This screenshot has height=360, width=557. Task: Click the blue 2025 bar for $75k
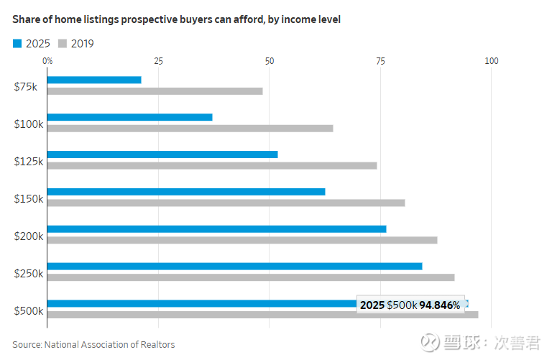94,80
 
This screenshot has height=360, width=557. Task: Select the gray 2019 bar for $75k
155,91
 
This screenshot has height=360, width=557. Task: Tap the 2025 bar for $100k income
129,117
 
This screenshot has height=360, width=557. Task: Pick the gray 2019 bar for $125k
212,165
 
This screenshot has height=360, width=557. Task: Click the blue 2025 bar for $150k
186,192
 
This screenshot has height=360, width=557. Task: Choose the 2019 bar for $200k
242,240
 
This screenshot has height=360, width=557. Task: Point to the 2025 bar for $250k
234,266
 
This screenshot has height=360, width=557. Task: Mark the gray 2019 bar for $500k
262,315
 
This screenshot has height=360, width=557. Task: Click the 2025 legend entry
32,44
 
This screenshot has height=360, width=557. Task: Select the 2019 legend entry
76,44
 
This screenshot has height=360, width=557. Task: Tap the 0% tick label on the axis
47,62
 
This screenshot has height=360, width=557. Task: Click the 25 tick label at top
158,62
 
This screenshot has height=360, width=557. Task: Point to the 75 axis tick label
380,62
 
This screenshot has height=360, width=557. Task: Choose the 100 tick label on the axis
492,62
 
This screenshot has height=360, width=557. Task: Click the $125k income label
29,162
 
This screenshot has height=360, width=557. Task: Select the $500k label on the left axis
29,311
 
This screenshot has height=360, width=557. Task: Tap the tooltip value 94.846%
440,305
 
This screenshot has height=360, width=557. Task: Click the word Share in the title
27,19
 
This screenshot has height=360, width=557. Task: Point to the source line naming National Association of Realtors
93,345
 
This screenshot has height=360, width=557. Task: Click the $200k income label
29,236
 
